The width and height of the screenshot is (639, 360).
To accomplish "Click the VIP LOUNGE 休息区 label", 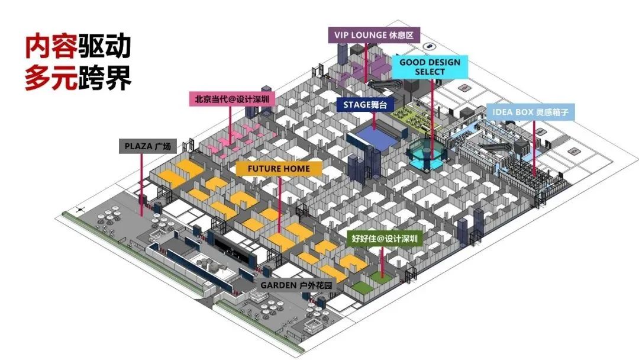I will coord(374,35).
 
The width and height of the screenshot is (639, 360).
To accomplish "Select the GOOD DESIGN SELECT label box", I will coord(430,67).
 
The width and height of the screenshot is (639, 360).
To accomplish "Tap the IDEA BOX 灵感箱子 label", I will coord(530,111).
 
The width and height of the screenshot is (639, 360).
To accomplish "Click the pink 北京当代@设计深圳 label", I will coord(231,99).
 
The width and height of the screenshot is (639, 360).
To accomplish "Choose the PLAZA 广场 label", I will coord(148,146).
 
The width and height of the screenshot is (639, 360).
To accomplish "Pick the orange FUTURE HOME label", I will coord(279,168).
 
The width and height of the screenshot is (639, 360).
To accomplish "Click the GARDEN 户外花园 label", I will coord(296,285).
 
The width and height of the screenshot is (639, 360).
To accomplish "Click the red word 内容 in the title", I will coord(51,47).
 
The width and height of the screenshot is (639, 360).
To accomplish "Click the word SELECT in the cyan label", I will coord(430,72).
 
